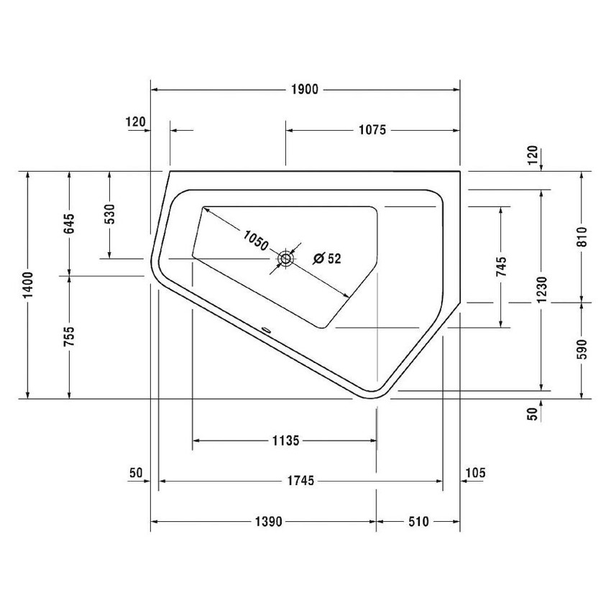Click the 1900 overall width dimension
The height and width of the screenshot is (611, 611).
pos(305,90)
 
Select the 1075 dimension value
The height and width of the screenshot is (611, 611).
pos(372,130)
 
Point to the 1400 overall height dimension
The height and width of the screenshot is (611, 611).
pos(28,285)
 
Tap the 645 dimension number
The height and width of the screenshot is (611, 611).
pos(69,224)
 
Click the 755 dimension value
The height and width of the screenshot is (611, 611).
pos(69,336)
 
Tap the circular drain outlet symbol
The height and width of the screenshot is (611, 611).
pos(285,258)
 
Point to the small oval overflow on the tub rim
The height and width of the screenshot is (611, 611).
pos(267,331)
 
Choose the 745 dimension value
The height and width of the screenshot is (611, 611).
pos(501,266)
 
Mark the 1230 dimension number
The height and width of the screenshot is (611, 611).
pos(541,290)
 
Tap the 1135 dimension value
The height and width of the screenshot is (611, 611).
pos(285,441)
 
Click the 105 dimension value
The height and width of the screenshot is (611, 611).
pos(476,472)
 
